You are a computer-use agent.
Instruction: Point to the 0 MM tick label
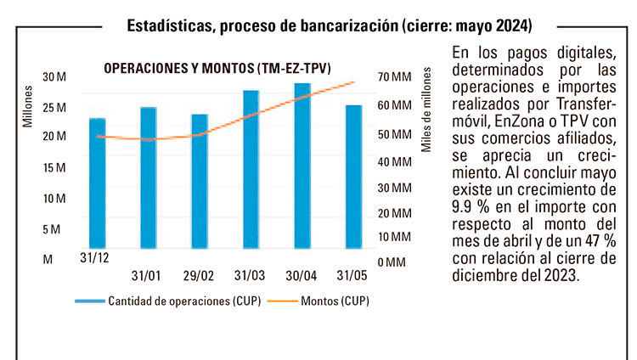click(x=391, y=262)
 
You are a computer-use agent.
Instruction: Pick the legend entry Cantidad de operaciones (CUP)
click(x=175, y=301)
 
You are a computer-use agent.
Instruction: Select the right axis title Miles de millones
click(x=428, y=119)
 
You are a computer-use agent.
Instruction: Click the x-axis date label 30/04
click(x=302, y=276)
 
